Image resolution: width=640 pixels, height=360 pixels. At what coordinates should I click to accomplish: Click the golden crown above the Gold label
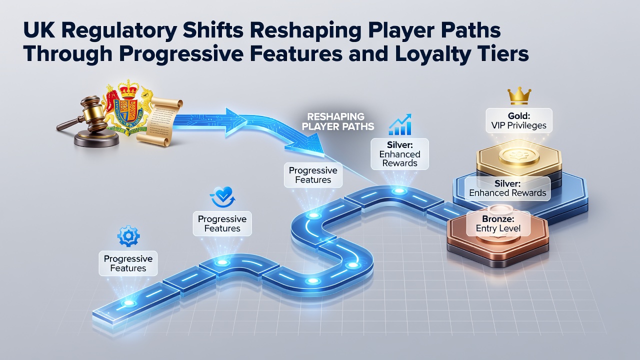tap(519, 96)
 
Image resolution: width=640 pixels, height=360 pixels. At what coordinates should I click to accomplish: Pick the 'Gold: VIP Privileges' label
tap(519, 120)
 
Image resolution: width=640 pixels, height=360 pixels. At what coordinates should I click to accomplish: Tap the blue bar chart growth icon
tap(400, 124)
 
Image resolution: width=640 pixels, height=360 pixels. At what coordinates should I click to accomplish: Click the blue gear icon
tap(128, 235)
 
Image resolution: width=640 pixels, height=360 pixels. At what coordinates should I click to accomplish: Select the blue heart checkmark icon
tap(223, 197)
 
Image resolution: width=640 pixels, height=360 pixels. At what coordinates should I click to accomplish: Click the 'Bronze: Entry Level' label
tap(498, 223)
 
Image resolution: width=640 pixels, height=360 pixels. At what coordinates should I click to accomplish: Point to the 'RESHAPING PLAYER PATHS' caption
tap(338, 121)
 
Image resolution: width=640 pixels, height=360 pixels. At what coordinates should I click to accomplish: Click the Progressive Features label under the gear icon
tap(128, 263)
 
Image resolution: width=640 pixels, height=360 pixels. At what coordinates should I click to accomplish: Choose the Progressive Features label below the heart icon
tap(222, 223)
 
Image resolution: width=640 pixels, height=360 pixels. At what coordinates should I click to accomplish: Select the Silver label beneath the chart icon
tap(399, 154)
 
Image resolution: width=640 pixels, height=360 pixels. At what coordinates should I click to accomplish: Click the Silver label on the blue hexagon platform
tap(507, 188)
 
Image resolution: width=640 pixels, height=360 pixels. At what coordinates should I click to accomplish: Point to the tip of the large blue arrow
tap(324, 156)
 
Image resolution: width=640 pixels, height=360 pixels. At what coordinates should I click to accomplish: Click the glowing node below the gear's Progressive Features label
tap(128, 303)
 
